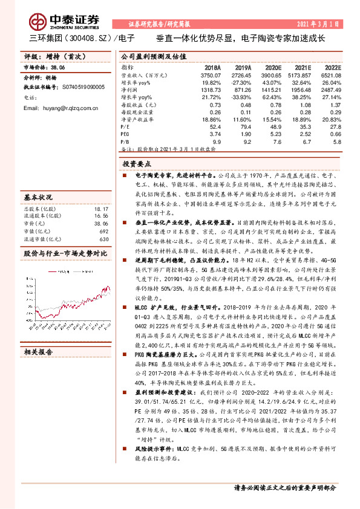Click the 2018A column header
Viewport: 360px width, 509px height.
(x=213, y=68)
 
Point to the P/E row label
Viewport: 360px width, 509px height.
(x=125, y=126)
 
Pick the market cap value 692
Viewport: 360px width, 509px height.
(x=104, y=230)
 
